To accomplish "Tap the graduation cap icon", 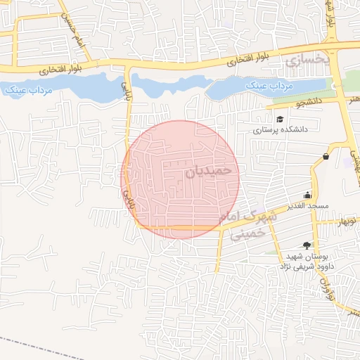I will click(x=280, y=119).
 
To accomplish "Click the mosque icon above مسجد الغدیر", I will click(x=307, y=195).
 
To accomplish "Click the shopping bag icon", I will click(x=325, y=156).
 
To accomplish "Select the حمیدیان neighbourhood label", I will click(x=208, y=171).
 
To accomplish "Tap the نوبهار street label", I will click(x=347, y=221).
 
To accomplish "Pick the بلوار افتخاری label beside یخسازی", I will click(x=254, y=58).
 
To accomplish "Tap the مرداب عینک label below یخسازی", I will click(x=268, y=86).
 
